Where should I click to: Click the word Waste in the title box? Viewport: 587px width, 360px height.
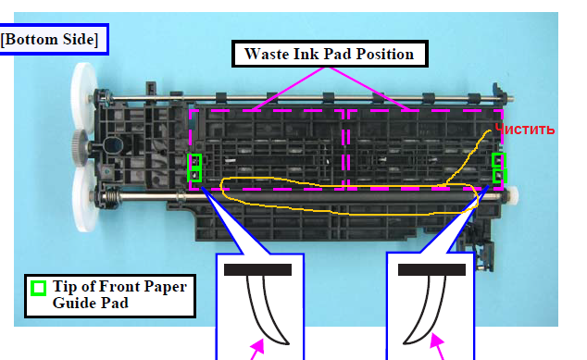pyautogui.click(x=267, y=54)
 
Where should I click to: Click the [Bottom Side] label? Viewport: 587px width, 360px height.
pyautogui.click(x=49, y=39)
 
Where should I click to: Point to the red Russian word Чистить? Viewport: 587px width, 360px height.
pyautogui.click(x=524, y=130)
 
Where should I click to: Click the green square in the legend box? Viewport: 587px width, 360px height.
pyautogui.click(x=39, y=288)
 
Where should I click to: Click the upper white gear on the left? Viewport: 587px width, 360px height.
pyautogui.click(x=83, y=98)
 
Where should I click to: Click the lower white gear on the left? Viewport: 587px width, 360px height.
pyautogui.click(x=85, y=198)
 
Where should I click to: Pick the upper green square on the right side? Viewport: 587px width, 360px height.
pyautogui.click(x=499, y=160)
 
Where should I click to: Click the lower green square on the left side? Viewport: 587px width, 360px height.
pyautogui.click(x=195, y=175)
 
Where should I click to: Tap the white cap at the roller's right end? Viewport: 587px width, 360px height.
pyautogui.click(x=513, y=194)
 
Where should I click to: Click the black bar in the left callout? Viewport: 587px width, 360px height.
pyautogui.click(x=257, y=270)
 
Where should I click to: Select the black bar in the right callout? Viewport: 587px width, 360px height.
pyautogui.click(x=431, y=270)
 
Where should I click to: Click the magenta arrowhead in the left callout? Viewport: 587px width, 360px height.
pyautogui.click(x=258, y=346)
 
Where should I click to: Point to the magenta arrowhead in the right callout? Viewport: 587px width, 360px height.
pyautogui.click(x=436, y=341)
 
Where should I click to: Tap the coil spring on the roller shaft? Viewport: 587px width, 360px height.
pyautogui.click(x=111, y=195)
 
